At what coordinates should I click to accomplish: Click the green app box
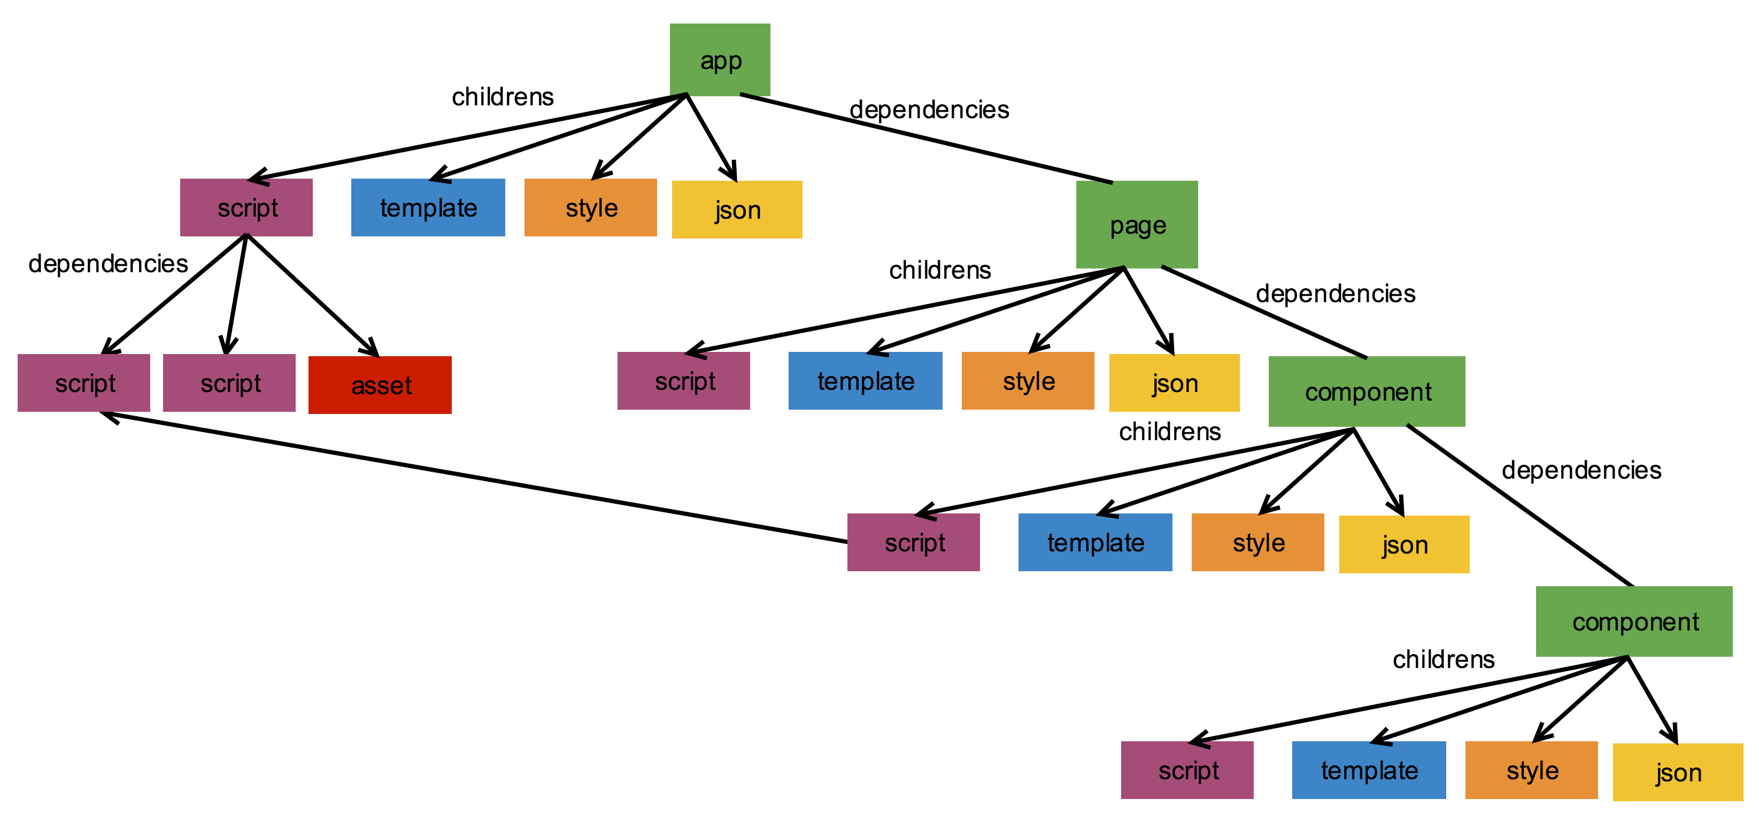(x=720, y=60)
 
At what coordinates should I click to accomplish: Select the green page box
(x=1137, y=225)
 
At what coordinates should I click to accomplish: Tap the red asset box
(x=380, y=385)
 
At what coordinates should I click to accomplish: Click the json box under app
(x=737, y=210)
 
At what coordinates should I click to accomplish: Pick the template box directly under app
(x=428, y=208)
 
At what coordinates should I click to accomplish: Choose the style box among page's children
(x=1028, y=381)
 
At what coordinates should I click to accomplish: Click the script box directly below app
(x=246, y=208)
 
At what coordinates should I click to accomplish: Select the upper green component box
(x=1367, y=391)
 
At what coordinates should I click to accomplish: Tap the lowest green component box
(x=1634, y=621)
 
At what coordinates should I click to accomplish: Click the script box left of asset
(x=229, y=383)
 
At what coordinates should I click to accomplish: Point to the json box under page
(x=1175, y=383)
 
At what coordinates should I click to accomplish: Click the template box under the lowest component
(x=1369, y=770)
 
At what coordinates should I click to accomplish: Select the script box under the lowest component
(x=1187, y=770)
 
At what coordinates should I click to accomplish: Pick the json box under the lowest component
(x=1678, y=772)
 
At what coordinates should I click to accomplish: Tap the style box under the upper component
(x=1258, y=542)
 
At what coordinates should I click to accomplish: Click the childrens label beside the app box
(x=503, y=97)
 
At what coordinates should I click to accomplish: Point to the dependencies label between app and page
(x=929, y=109)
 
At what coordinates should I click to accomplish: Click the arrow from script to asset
(x=313, y=296)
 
